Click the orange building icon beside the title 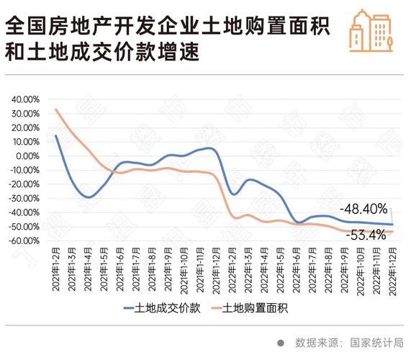coord(371,32)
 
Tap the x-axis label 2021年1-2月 coord(55,271)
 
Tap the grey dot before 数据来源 coord(281,343)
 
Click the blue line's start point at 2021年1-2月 coord(55,135)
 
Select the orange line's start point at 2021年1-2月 coord(55,109)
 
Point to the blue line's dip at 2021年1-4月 coord(88,197)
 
